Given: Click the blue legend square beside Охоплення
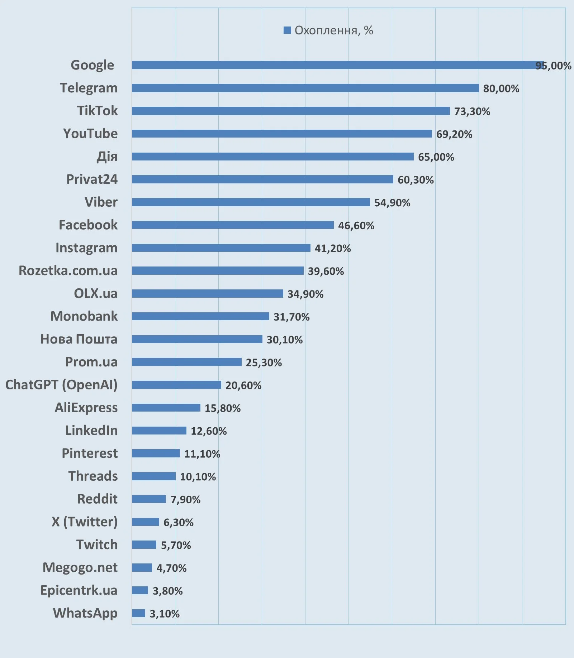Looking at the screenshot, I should tap(287, 30).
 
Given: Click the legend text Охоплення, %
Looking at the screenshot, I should tap(333, 30).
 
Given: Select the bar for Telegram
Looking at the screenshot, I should tap(305, 88).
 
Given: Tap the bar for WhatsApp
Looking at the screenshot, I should tap(138, 613).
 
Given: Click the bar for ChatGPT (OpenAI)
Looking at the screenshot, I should tap(176, 385).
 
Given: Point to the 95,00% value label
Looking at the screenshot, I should tap(553, 66).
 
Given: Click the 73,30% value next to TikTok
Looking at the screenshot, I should tap(472, 111).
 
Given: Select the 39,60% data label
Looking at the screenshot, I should tap(326, 271).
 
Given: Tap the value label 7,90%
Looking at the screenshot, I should tap(185, 499).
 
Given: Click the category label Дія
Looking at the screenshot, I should tap(107, 157).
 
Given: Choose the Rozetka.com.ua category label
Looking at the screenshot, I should tap(68, 271).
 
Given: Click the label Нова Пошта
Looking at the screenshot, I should tap(79, 339).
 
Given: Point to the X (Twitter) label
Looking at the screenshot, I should tap(85, 522).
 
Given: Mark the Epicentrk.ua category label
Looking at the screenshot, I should tap(79, 590).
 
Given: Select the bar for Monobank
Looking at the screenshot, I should tap(200, 316).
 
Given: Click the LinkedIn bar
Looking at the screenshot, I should tap(159, 431).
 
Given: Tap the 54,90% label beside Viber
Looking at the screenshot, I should tap(392, 203).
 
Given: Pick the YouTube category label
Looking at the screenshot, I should tap(90, 134).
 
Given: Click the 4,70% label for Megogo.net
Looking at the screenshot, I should tap(171, 568).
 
